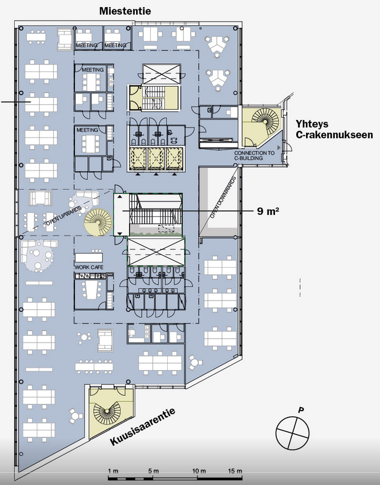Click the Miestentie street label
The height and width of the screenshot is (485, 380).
pyautogui.click(x=125, y=11)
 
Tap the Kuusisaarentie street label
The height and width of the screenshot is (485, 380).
pyautogui.click(x=142, y=426)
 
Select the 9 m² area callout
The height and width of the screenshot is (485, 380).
pyautogui.click(x=268, y=211)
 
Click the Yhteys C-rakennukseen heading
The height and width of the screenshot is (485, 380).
pyautogui.click(x=334, y=129)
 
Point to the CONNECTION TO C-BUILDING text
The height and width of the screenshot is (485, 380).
pyautogui.click(x=255, y=156)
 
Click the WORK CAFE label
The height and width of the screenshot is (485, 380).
pyautogui.click(x=89, y=267)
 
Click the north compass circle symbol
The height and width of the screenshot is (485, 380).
pyautogui.click(x=293, y=433)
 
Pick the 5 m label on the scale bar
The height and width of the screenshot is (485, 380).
pyautogui.click(x=153, y=471)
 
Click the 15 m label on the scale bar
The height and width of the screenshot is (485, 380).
pyautogui.click(x=235, y=471)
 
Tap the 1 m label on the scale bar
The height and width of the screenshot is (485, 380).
pyautogui.click(x=113, y=471)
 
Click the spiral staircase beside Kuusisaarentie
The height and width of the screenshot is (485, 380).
pyautogui.click(x=107, y=411)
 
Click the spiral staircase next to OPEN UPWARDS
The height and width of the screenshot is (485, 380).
pyautogui.click(x=98, y=222)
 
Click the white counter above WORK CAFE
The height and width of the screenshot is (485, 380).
pyautogui.click(x=89, y=257)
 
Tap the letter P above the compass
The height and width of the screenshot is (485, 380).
pyautogui.click(x=300, y=410)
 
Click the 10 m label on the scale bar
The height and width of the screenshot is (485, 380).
pyautogui.click(x=199, y=471)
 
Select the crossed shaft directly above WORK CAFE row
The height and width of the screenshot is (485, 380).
pyautogui.click(x=156, y=251)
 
